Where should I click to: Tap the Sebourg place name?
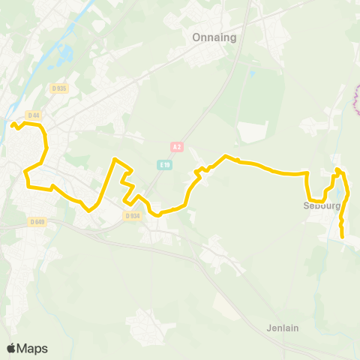322,205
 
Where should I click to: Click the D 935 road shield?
59,88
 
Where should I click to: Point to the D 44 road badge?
33,115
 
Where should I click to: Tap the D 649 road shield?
38,221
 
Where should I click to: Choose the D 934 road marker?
132,216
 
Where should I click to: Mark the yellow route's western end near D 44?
13,124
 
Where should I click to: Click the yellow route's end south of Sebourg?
343,237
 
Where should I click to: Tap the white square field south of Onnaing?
253,131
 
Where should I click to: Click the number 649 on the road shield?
40,221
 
